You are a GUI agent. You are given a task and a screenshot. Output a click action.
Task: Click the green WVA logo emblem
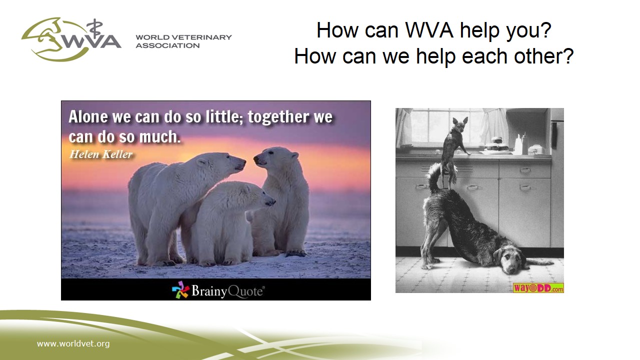pos(71,39)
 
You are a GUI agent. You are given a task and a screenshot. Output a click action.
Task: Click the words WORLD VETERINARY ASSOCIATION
pos(183,41)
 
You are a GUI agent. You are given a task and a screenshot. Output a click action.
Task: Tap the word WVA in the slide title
pos(429,29)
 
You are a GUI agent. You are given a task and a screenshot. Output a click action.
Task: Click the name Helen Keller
pos(101,154)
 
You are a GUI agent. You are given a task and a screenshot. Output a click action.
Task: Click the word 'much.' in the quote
pos(159,136)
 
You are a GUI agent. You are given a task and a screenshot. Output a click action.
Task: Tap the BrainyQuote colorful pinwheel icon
pos(180,289)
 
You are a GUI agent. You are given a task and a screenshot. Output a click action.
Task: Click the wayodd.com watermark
pos(538,287)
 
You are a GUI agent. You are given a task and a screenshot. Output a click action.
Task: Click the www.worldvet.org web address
pos(73,343)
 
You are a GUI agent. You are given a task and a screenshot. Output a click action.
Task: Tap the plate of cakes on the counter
pos(497,145)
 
